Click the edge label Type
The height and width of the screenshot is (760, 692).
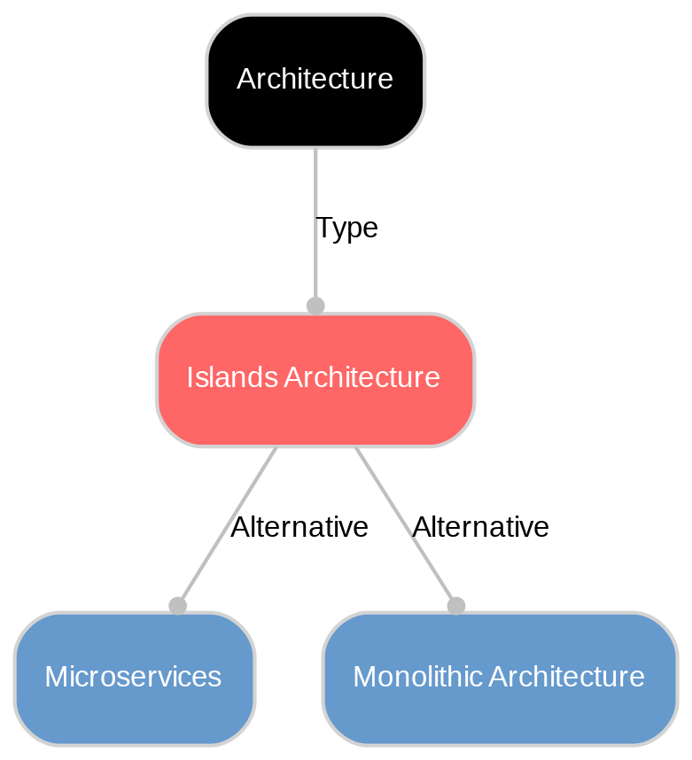(346, 228)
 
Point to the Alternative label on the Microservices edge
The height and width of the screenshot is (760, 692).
(299, 527)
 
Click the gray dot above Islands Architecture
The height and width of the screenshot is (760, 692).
(315, 306)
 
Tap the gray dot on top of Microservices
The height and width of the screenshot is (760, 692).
(177, 606)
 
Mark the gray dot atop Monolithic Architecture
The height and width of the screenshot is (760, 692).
(455, 606)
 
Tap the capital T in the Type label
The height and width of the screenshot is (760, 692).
(323, 229)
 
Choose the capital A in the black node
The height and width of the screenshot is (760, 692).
(245, 80)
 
